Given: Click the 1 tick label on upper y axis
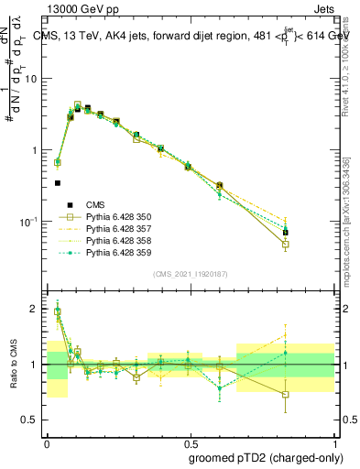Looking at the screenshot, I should tap(37, 149).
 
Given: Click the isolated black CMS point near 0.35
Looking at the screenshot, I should tap(57, 183).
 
